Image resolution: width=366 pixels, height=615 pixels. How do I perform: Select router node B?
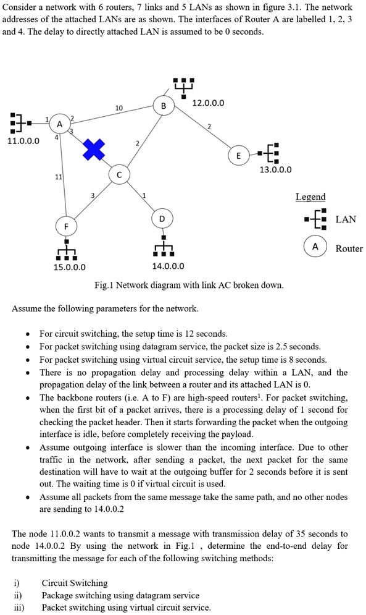pos(163,106)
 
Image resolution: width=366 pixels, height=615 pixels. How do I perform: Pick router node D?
pos(162,219)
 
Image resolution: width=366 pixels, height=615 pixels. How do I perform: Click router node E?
pos(238,156)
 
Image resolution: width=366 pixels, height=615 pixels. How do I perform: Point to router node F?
pos(66,226)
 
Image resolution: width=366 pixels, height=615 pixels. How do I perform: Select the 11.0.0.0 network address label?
pos(23,141)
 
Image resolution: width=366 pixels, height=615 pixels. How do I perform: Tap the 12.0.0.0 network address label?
pos(209,103)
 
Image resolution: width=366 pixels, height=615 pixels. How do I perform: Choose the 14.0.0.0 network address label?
pos(168,267)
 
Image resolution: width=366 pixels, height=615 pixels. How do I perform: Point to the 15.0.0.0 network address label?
pos(69,267)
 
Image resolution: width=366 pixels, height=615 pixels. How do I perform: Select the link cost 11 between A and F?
pos(58,177)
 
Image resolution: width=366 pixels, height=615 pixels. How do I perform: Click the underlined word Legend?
pos(310,197)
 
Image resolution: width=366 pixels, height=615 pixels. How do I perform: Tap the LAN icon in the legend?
pos(315,219)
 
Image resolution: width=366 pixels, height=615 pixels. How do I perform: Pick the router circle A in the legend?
pos(315,247)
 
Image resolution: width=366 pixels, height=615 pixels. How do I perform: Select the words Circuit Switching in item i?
pos(75,582)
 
